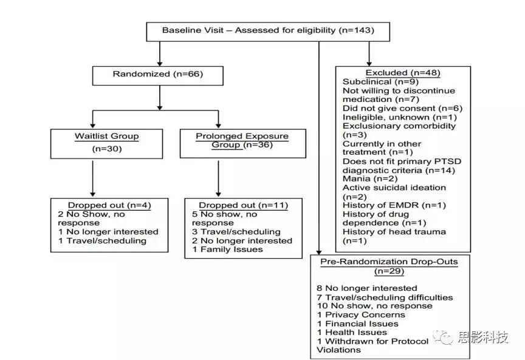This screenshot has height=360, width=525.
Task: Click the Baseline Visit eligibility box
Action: click(268, 32)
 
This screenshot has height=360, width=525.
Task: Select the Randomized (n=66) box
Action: click(158, 76)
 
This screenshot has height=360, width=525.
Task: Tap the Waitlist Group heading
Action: click(107, 136)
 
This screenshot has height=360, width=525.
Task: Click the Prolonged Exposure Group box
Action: click(242, 143)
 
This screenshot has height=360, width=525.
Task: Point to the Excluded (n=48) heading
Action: click(403, 73)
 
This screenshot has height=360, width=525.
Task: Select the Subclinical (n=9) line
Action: click(380, 81)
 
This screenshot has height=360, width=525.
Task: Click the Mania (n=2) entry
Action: click(370, 178)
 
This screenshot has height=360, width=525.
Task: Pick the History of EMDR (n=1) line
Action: click(394, 205)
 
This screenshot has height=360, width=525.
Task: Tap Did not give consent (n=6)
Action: click(402, 109)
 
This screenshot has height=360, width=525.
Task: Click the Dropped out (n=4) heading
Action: click(109, 205)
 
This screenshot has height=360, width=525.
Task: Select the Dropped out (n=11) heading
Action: click(244, 205)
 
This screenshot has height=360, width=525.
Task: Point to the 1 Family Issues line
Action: click(227, 250)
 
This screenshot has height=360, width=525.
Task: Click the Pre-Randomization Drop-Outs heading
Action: click(389, 262)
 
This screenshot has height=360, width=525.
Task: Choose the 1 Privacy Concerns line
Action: click(361, 315)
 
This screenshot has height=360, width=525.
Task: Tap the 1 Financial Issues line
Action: click(357, 324)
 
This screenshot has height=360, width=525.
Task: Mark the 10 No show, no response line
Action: click(375, 306)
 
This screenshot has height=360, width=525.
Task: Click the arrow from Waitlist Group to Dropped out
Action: click(93, 178)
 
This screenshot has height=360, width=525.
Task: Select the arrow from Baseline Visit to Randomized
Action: click(160, 54)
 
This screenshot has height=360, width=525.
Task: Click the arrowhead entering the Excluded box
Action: click(369, 64)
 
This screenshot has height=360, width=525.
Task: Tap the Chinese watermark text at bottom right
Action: click(483, 338)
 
